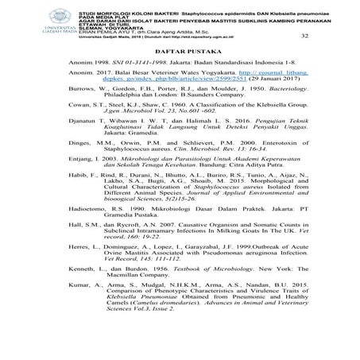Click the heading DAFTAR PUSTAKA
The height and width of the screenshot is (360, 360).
[179, 56]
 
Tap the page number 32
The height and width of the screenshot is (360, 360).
[307, 36]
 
